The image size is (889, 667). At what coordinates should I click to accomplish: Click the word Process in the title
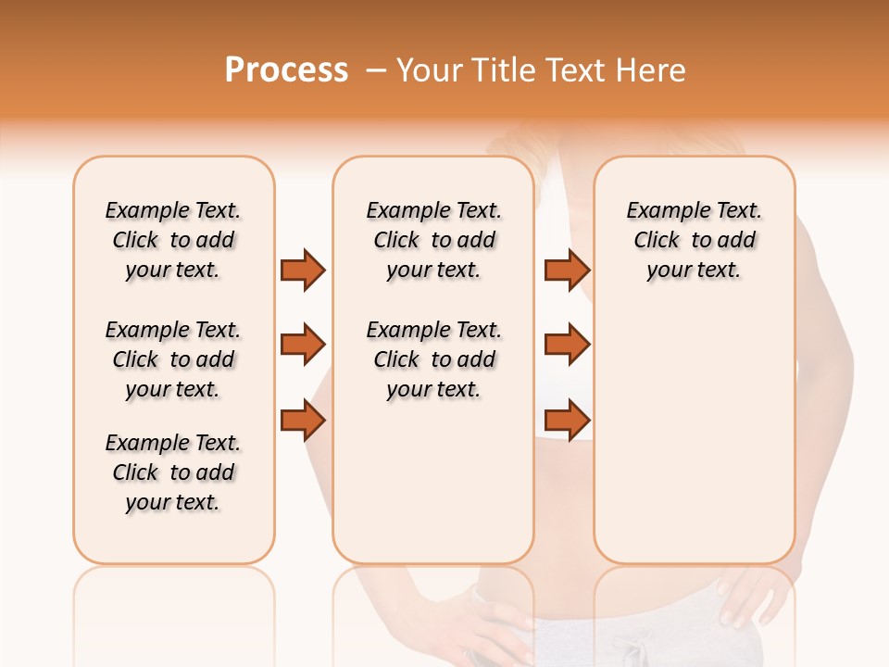pos(286,70)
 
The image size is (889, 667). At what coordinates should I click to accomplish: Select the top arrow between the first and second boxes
pos(303,270)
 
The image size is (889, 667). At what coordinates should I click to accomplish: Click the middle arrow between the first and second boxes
pos(303,345)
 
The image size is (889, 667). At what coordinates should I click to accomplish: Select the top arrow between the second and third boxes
pos(567,270)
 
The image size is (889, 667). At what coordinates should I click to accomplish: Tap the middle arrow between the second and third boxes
pos(567,345)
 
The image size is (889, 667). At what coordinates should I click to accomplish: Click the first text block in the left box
pos(173,240)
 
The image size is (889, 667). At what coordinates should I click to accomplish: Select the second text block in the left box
pos(173,359)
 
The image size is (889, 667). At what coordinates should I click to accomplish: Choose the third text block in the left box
pos(173,472)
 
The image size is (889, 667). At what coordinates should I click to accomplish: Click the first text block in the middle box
pos(434,240)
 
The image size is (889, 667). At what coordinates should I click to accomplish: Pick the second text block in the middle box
pos(434,359)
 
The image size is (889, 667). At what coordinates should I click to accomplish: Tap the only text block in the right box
pos(695,240)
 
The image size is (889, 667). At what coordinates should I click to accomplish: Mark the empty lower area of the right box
pos(695,445)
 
